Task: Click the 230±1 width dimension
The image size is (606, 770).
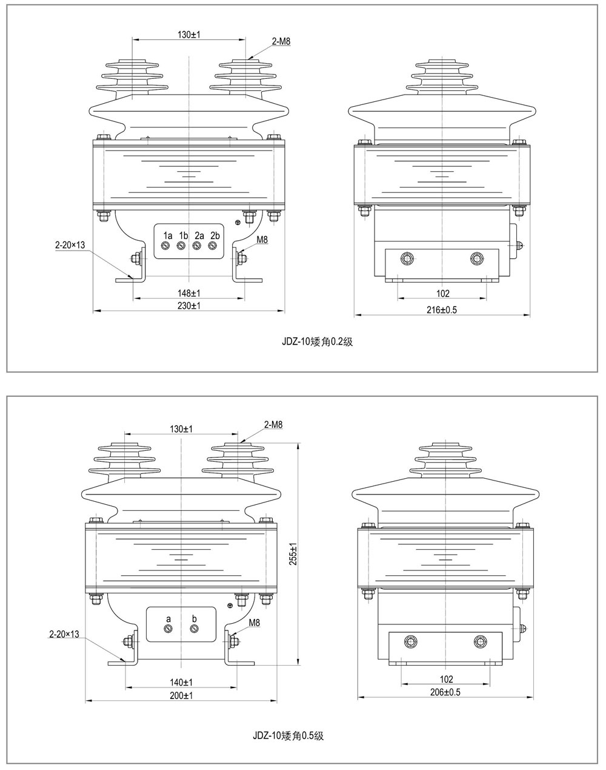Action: [x=189, y=306]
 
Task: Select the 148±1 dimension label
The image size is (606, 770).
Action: [x=189, y=293]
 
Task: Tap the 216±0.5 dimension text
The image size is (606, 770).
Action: [x=442, y=309]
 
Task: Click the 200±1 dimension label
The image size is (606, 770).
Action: [x=181, y=695]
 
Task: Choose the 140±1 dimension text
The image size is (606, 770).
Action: [x=181, y=682]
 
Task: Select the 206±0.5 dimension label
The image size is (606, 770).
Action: [x=445, y=692]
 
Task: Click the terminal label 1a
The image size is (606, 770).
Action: [x=168, y=235]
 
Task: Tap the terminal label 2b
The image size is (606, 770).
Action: [x=215, y=235]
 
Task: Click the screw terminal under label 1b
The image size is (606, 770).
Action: [x=181, y=246]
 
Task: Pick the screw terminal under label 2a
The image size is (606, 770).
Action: [x=196, y=246]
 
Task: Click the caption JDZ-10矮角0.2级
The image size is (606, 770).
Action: [x=318, y=342]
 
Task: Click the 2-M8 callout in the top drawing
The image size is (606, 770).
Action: [x=281, y=41]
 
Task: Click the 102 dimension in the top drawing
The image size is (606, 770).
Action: [x=443, y=294]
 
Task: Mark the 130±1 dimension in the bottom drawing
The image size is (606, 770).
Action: [x=181, y=428]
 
